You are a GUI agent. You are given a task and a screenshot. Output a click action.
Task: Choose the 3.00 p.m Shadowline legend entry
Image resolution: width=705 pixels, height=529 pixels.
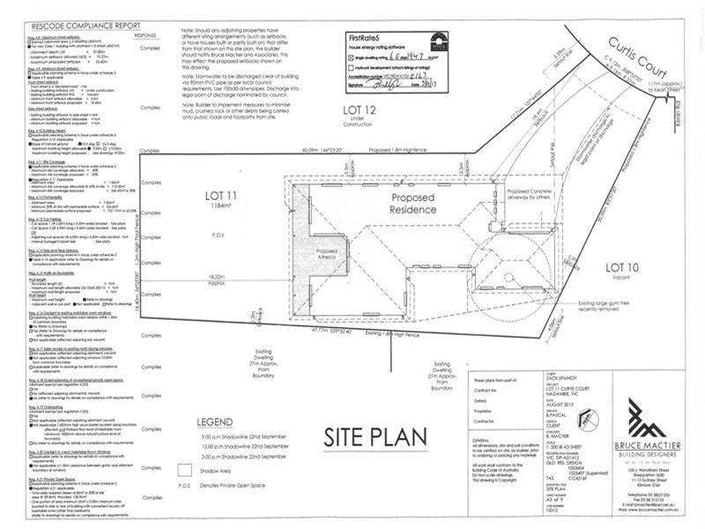tap(245, 458)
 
